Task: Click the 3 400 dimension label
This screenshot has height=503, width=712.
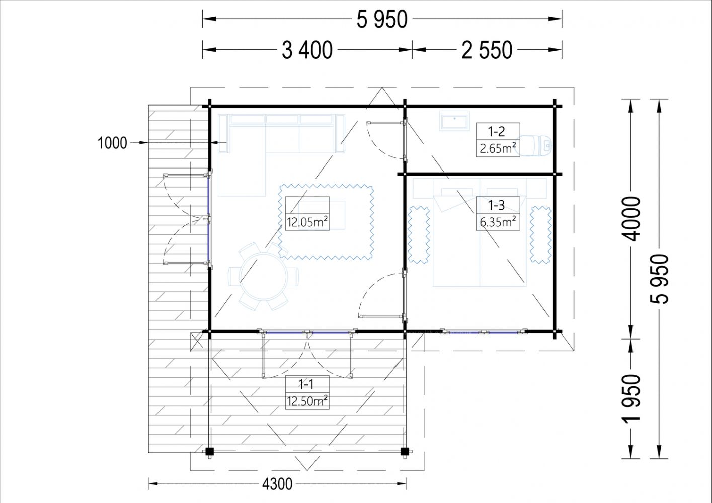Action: pyautogui.click(x=307, y=50)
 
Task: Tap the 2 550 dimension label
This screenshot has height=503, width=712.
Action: pyautogui.click(x=487, y=50)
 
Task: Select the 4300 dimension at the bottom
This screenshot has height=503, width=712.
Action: pyautogui.click(x=277, y=484)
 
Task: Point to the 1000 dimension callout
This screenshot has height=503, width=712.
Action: pyautogui.click(x=112, y=143)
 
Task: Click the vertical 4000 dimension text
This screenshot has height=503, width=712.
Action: pyautogui.click(x=630, y=219)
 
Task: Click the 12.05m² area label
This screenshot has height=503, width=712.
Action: pyautogui.click(x=307, y=222)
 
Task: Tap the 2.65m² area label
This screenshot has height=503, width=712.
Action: pyautogui.click(x=498, y=148)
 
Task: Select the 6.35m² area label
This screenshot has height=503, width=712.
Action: pyautogui.click(x=498, y=222)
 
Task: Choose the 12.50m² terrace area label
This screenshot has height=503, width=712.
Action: pyautogui.click(x=307, y=401)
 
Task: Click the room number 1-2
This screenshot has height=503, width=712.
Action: pyautogui.click(x=497, y=131)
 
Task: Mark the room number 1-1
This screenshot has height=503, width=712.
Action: pyautogui.click(x=306, y=384)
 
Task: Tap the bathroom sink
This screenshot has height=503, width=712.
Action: pyautogui.click(x=454, y=121)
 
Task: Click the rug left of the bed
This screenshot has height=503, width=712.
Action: pyautogui.click(x=419, y=234)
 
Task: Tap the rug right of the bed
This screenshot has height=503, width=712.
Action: pyautogui.click(x=540, y=234)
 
